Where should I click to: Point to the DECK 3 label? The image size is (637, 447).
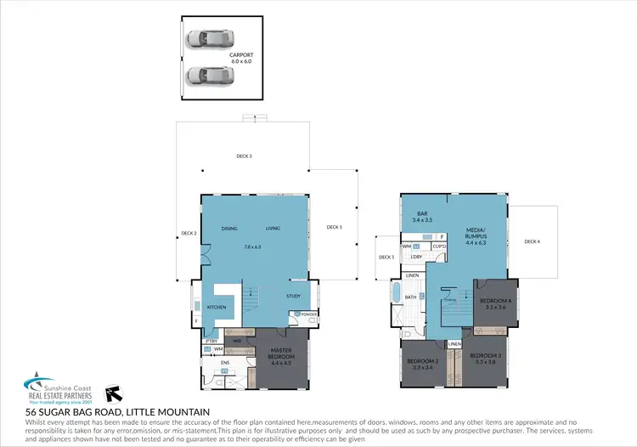(x=244, y=156)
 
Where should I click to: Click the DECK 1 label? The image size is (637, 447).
(x=335, y=227)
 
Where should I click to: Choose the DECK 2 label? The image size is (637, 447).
(x=189, y=234)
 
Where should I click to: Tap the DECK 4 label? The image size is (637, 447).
(x=533, y=242)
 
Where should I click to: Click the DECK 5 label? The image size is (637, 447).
(x=386, y=257)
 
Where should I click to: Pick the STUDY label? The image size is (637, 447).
(x=293, y=296)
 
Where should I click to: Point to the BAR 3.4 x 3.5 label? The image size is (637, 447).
(x=422, y=217)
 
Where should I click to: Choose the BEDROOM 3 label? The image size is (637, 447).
(x=486, y=358)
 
